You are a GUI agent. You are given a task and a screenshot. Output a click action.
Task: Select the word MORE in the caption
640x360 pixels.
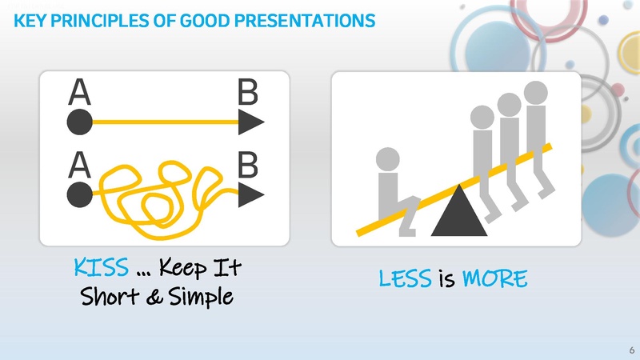(x=495, y=279)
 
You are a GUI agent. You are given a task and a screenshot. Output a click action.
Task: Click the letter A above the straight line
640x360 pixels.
(x=78, y=94)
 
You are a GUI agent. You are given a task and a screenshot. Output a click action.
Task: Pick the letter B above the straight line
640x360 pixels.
(x=248, y=94)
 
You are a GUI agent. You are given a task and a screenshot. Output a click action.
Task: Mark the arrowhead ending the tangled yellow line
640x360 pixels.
(x=251, y=194)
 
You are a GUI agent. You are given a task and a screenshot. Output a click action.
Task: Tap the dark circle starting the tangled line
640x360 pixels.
(x=79, y=194)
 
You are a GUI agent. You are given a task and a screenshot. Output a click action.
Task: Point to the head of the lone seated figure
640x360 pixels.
(x=388, y=160)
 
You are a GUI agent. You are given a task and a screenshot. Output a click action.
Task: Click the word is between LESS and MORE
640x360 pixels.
(x=447, y=279)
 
